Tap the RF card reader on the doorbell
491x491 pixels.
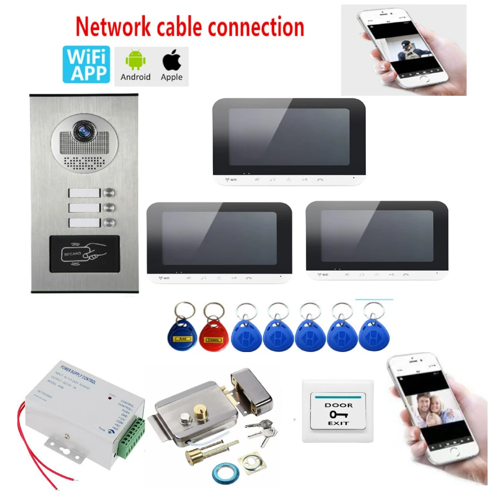(x=84, y=254)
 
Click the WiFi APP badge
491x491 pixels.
(x=86, y=64)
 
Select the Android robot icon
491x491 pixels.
(x=136, y=61)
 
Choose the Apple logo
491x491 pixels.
(x=171, y=61)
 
